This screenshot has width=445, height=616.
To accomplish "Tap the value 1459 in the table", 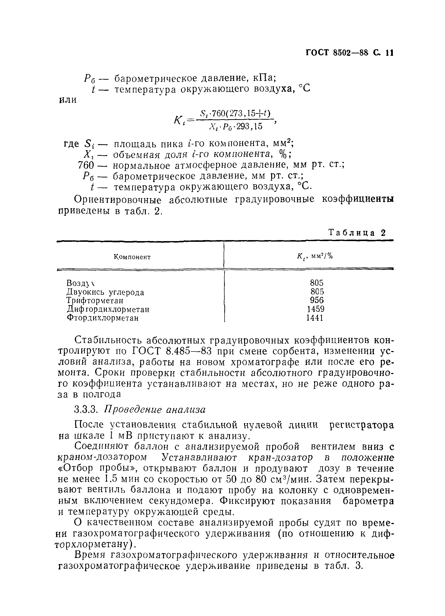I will [316, 309].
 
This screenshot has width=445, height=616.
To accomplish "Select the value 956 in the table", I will [317, 300].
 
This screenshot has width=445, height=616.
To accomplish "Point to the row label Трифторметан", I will [95, 301].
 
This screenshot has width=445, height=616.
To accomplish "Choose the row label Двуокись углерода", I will [105, 292].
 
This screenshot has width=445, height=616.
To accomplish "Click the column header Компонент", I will [132, 257].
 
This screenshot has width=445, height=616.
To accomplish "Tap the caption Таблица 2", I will [357, 233].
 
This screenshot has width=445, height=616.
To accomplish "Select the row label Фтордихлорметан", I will [103, 318].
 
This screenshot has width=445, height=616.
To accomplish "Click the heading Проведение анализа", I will [155, 409].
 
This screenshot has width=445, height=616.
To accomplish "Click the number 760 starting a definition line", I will [86, 165].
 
